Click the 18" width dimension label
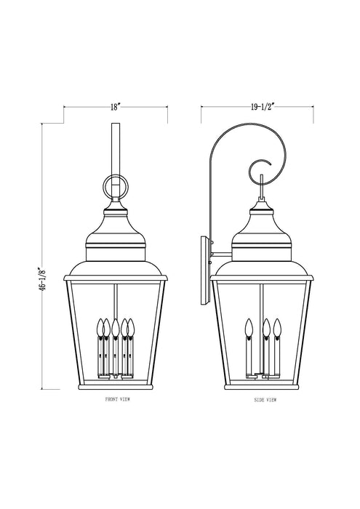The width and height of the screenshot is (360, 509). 115,107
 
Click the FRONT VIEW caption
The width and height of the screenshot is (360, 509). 116,400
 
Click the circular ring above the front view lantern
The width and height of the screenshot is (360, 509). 115,188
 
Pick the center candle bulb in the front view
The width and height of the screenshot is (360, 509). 116,329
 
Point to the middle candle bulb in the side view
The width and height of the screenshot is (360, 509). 267,327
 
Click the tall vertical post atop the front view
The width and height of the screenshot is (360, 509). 115,149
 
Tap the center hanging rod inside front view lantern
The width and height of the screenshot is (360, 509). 116,298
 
